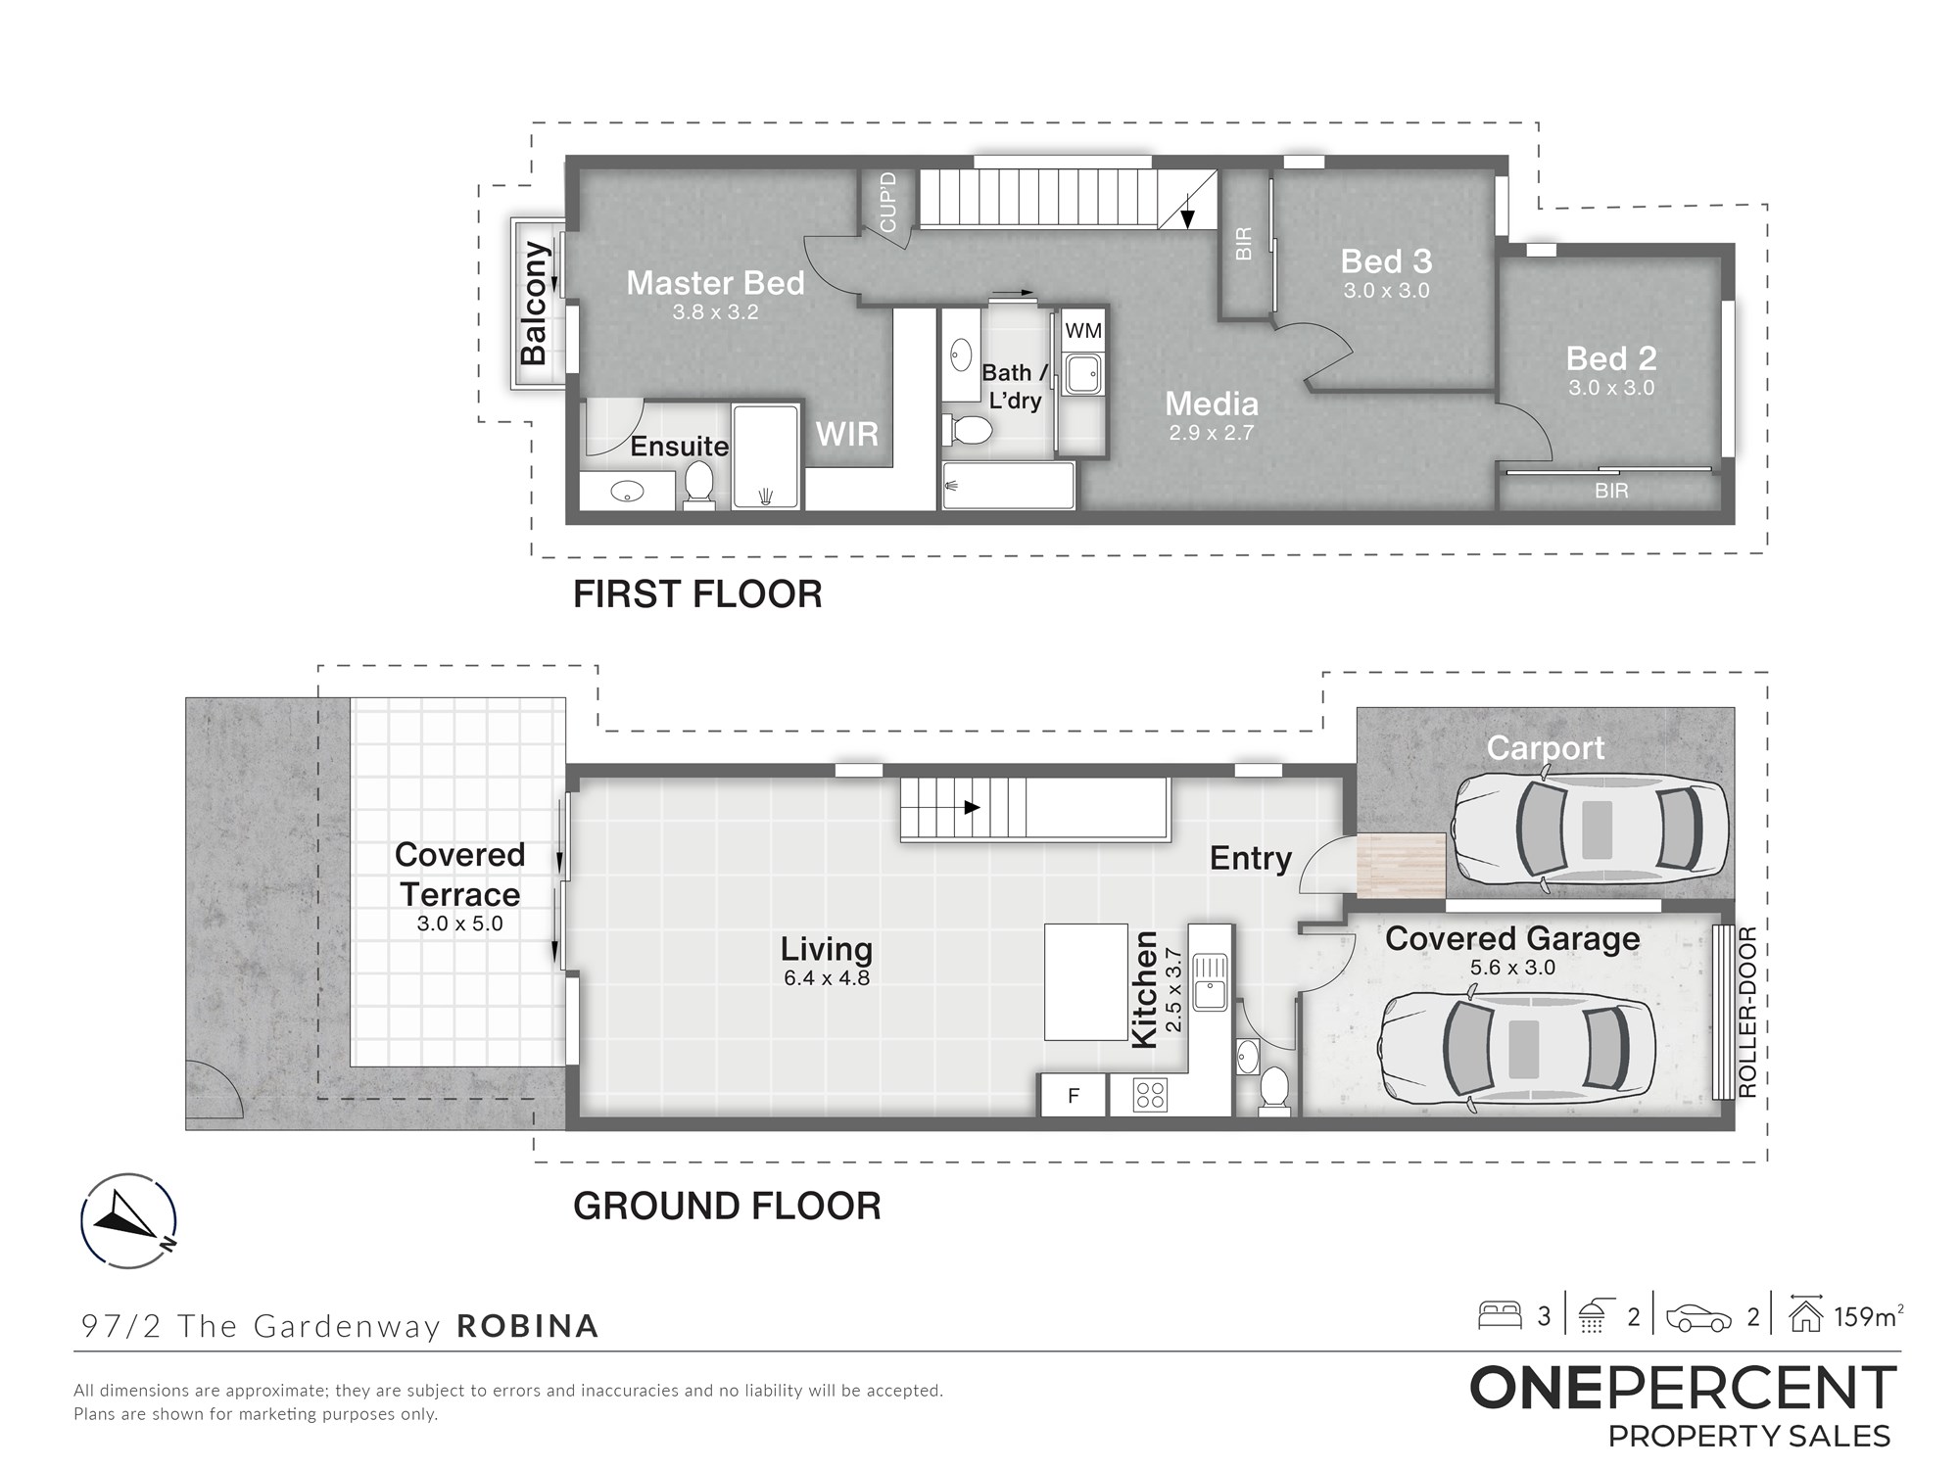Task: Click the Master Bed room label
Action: click(715, 283)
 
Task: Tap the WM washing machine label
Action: click(1082, 331)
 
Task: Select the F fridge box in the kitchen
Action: click(1073, 1096)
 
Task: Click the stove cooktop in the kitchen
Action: click(1149, 1095)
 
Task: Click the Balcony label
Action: click(534, 304)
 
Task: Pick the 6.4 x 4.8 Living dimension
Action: click(827, 977)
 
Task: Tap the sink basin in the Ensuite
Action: click(628, 492)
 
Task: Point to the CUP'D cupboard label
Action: click(888, 202)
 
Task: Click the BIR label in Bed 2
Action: click(1611, 491)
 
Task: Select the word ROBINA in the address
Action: click(528, 1326)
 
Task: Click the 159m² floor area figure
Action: click(1868, 1317)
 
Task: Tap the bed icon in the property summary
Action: click(1500, 1315)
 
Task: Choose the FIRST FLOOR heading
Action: click(697, 594)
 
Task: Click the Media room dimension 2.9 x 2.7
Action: click(1212, 433)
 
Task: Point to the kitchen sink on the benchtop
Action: click(1210, 982)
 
